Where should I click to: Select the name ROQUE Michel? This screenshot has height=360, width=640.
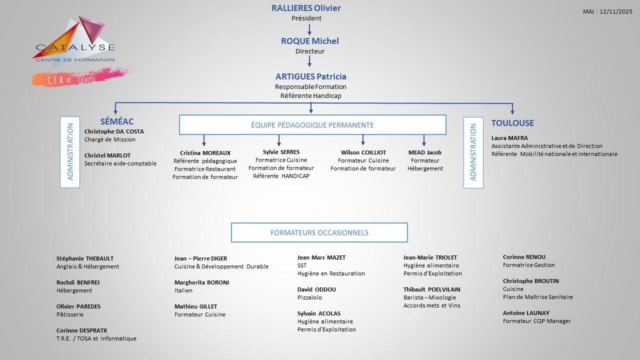[x=309, y=41]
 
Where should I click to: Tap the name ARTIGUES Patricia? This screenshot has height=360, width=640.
[x=310, y=76]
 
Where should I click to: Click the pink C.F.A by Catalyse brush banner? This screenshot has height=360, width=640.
[x=80, y=77]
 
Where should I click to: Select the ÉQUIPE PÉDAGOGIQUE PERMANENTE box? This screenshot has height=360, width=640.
[x=312, y=125]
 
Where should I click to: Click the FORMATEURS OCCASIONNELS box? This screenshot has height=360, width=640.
[x=319, y=232]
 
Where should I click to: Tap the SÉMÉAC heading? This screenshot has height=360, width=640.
[x=117, y=122]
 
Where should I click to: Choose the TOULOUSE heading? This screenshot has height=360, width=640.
[x=512, y=123]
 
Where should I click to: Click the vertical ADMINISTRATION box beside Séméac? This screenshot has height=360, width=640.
[x=70, y=152]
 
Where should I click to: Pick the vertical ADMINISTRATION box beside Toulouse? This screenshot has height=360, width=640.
[x=473, y=152]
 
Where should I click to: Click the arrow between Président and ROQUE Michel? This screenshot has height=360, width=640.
[x=309, y=29]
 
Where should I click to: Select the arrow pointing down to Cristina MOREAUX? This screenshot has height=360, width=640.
[x=204, y=140]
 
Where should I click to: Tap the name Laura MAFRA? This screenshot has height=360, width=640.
[x=509, y=138]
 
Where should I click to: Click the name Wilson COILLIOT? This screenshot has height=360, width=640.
[x=363, y=152]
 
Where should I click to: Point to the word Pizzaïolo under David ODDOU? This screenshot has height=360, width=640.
[x=309, y=297]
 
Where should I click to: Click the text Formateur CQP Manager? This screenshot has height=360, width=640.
[x=536, y=321]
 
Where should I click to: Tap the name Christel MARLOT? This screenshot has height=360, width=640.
[x=107, y=155]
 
